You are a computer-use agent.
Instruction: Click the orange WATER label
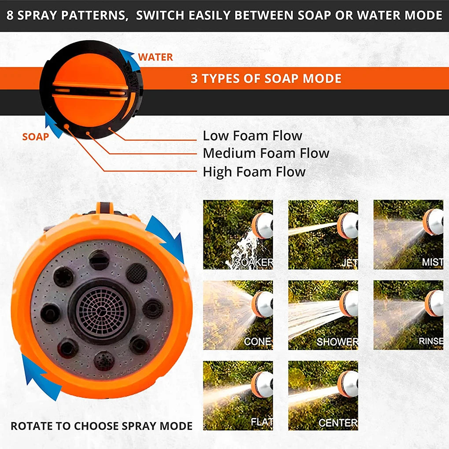pos(155,57)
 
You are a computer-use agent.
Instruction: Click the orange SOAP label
pos(36,137)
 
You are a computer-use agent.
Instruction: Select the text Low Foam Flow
pos(252,136)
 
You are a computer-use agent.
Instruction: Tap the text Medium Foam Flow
pos(266,153)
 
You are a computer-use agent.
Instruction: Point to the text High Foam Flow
pos(254,171)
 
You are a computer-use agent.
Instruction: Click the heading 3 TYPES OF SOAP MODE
pos(266,79)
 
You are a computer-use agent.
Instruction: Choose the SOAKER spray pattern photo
pos(238,235)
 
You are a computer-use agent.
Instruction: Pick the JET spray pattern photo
pos(323,235)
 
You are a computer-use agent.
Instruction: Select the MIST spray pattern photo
pos(408,235)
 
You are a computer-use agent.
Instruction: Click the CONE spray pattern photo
pos(238,315)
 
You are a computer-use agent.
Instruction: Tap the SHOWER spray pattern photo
pos(323,315)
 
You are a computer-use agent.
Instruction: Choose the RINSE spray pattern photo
pos(408,315)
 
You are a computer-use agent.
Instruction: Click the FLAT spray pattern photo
pos(238,395)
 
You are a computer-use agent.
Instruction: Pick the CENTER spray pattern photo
pos(323,395)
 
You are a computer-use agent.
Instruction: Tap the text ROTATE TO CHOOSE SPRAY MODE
pos(102,426)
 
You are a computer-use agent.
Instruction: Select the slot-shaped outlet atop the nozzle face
pos(99,259)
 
